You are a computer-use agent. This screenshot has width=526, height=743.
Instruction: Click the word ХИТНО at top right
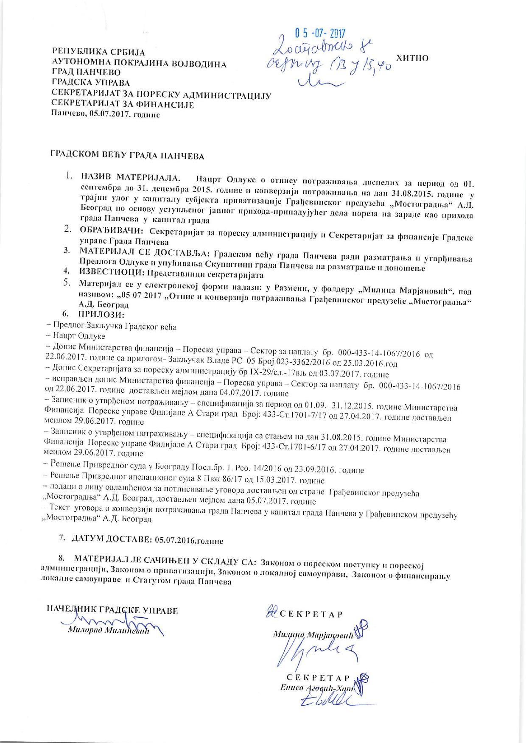411,58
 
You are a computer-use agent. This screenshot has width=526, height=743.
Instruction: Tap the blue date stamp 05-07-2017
320,33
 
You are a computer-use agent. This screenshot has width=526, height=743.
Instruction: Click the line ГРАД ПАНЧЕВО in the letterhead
86,73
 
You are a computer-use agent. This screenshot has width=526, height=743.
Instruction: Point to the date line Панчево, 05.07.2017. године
105,114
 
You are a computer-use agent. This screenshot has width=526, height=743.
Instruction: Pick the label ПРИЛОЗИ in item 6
101,314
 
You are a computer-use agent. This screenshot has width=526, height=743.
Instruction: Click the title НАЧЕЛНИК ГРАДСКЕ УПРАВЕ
112,611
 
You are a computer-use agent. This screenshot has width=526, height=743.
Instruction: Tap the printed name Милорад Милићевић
109,631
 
